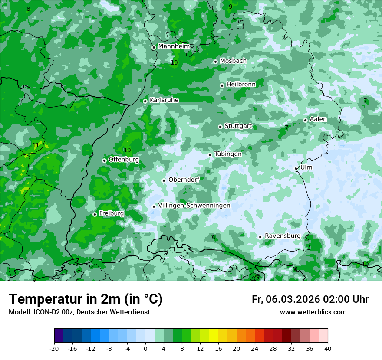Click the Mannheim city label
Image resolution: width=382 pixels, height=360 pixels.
point(174,46)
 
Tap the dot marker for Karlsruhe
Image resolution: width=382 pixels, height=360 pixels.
point(145,101)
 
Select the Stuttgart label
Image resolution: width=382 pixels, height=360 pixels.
point(238,126)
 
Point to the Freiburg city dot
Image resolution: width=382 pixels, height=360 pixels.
point(95,214)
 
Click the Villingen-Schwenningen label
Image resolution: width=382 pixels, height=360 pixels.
point(194,205)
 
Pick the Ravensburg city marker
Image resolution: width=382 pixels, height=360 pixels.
point(260,237)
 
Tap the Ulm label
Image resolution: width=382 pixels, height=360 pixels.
point(306,167)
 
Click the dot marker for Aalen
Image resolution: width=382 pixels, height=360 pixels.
point(305,120)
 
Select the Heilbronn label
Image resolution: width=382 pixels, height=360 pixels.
point(241,84)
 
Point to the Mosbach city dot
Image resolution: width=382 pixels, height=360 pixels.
point(215,62)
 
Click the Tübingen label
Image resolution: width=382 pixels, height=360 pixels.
point(228,154)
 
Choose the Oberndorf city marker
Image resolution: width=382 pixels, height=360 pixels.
point(164,180)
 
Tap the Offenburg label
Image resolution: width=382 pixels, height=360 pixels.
point(124,159)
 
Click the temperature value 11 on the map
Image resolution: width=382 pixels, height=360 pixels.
point(36,145)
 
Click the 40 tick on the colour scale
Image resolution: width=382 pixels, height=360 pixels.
point(327,348)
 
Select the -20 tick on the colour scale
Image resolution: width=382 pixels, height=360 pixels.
point(54,348)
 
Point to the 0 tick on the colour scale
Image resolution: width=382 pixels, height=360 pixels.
point(145,348)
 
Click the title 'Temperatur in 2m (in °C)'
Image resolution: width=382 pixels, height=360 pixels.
point(86,299)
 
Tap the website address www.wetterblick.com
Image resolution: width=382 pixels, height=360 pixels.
point(313,312)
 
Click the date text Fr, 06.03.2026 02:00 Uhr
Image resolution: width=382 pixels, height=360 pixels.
point(310,299)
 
